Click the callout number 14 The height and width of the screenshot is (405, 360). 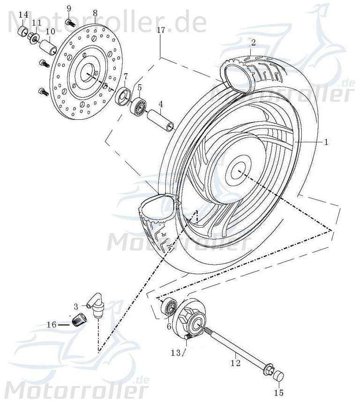pyautogui.click(x=23, y=15)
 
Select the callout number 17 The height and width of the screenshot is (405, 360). pyautogui.click(x=161, y=31)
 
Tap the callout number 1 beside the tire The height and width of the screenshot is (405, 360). pyautogui.click(x=327, y=141)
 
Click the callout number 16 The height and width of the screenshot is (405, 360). pyautogui.click(x=52, y=324)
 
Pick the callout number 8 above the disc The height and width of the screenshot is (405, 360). pyautogui.click(x=95, y=13)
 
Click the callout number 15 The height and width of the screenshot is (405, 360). pyautogui.click(x=279, y=392)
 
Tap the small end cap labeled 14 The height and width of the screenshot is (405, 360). pyautogui.click(x=22, y=32)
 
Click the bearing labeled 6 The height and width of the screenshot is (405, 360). pyautogui.click(x=169, y=309)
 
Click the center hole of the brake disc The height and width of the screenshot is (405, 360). pyautogui.click(x=87, y=74)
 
